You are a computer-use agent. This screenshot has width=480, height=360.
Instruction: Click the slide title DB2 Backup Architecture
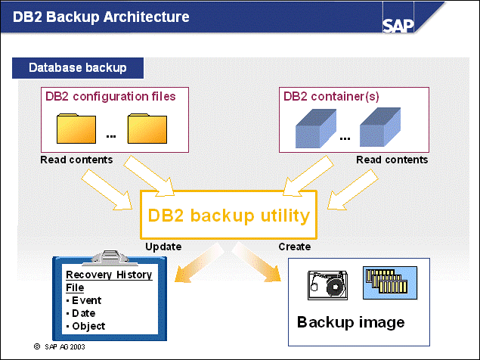[101, 17]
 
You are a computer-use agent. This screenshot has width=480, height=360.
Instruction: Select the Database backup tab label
[77, 67]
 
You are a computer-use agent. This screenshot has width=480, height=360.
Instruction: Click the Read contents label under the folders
[76, 160]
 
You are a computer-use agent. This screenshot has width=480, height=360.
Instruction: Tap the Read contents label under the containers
[392, 160]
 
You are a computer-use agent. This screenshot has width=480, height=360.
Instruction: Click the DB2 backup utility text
[228, 216]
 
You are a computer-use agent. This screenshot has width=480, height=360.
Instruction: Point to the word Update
[163, 247]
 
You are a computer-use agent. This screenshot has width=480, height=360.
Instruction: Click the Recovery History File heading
[108, 281]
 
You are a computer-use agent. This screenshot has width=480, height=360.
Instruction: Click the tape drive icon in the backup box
[327, 285]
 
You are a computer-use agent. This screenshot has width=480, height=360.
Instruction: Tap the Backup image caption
[351, 322]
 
